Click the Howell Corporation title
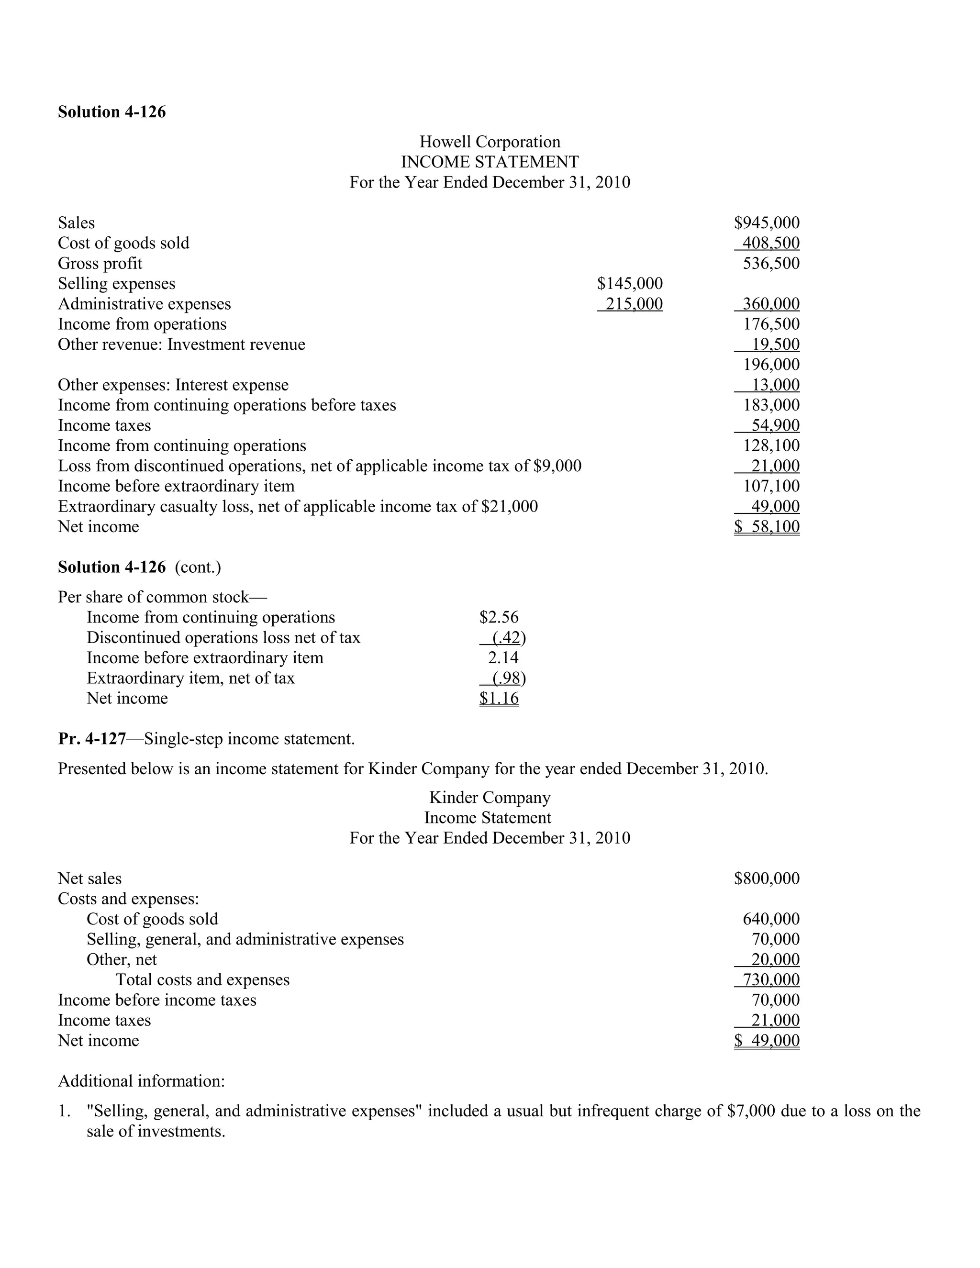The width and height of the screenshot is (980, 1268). [490, 142]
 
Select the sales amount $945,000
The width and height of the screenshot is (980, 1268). [767, 223]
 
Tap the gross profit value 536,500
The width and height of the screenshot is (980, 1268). [771, 264]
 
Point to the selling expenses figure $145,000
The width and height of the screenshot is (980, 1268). [630, 284]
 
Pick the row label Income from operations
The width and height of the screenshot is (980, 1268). [142, 324]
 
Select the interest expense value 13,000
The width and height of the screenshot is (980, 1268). [776, 385]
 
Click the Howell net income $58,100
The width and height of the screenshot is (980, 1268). [767, 527]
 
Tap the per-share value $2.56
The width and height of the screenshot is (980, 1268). [499, 617]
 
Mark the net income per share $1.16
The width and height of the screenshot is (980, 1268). [499, 699]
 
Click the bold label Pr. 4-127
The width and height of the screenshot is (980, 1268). [92, 739]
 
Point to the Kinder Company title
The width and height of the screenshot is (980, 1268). [490, 798]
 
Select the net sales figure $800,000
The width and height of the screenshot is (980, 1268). [767, 879]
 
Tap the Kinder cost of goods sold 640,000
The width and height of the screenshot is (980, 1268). [771, 919]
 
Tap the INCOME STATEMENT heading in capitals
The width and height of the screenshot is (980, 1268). [490, 162]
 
